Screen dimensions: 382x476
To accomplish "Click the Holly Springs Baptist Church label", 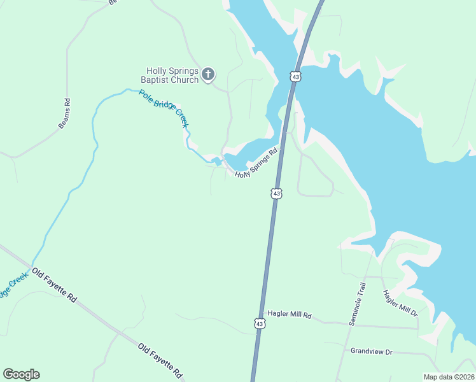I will tap(172, 76).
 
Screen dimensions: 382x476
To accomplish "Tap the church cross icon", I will tap(208, 75).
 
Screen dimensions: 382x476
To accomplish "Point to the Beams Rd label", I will tap(64, 113).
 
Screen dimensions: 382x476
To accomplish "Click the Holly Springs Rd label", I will tap(257, 164).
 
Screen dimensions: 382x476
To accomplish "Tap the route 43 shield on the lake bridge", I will tap(295, 76).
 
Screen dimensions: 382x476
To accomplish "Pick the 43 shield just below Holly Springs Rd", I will tap(276, 193).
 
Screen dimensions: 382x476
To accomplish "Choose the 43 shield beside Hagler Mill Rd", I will tap(259, 323).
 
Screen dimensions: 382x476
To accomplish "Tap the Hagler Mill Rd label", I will tap(289, 315).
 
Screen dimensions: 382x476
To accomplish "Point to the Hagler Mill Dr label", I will tap(400, 303).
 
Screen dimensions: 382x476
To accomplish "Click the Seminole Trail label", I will tap(358, 304).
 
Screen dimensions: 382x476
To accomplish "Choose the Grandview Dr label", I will tap(372, 351).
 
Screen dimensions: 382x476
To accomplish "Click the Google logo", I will tap(21, 374).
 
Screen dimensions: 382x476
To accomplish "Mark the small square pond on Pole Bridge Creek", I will tap(218, 162).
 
